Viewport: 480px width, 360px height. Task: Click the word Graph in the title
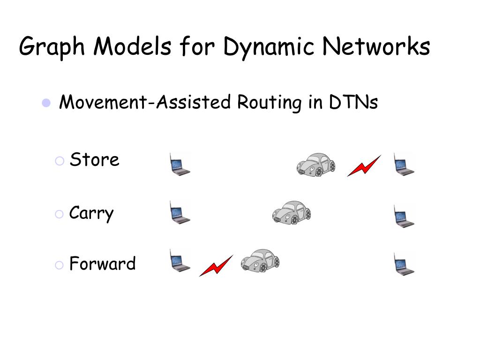51,48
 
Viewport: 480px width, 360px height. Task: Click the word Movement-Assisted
145,102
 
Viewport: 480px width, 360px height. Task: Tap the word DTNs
353,102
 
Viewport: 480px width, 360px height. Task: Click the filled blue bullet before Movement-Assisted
46,103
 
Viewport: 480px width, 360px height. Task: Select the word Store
94,160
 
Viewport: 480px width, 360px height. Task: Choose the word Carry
91,214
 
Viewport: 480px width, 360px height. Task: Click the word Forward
102,263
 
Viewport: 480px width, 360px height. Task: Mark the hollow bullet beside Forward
59,265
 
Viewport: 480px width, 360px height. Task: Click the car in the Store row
316,165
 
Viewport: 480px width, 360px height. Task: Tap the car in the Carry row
292,212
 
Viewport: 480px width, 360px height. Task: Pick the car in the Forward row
260,261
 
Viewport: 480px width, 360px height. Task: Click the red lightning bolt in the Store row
364,166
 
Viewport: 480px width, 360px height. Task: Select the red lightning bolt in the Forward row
216,266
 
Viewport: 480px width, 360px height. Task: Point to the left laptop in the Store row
180,165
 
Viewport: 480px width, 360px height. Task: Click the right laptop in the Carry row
403,216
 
